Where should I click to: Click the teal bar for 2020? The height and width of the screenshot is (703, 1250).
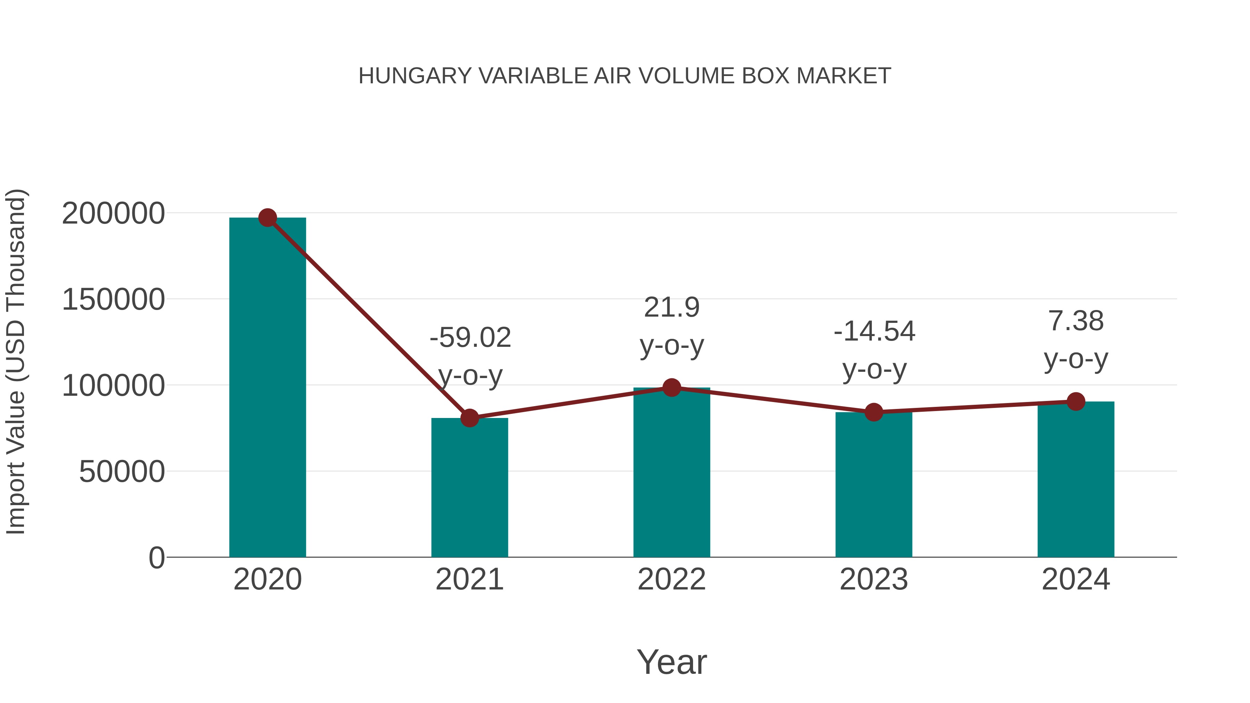coord(267,388)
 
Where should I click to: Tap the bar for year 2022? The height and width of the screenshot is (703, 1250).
coord(672,473)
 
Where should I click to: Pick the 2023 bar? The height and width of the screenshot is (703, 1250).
coord(874,485)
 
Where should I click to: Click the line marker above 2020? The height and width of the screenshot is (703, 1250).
coord(267,218)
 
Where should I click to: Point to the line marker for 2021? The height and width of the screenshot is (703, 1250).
coord(469,418)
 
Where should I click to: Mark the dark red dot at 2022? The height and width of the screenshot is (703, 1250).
coord(672,388)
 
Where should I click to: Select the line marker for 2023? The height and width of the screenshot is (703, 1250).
coord(874,412)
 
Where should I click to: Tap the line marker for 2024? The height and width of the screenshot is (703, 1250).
coord(1076,402)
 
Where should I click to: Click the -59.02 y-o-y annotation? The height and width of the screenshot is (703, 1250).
coord(470,338)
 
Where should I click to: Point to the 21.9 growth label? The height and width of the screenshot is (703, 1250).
coord(672,308)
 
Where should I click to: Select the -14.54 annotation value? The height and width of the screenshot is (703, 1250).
coord(874,332)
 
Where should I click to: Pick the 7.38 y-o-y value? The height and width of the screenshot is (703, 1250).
coord(1076,321)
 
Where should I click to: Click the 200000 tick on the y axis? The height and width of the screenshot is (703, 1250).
coord(114,214)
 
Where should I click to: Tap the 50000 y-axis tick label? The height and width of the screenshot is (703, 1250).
coord(122,471)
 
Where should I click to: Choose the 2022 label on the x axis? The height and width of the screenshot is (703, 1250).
coord(672,579)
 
